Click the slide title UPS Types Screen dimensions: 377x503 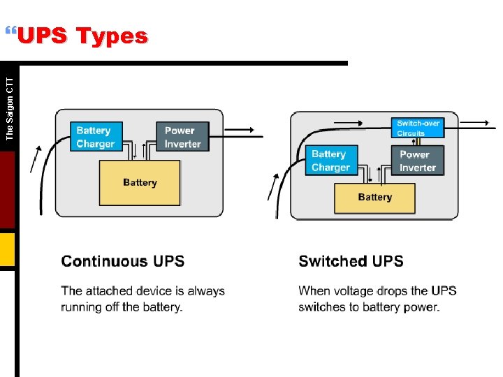(82, 36)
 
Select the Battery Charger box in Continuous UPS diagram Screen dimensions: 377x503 (96, 137)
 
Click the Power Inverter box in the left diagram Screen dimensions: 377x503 (182, 137)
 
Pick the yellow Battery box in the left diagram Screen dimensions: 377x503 (140, 182)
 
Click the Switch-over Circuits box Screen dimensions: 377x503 (418, 128)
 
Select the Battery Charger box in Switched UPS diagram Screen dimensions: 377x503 (330, 161)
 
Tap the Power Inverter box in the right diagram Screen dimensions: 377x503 (418, 161)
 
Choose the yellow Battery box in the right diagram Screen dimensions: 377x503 (374, 198)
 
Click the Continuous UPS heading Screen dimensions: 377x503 (123, 262)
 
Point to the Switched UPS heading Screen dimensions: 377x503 (351, 262)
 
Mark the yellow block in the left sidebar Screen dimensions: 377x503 (7, 250)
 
